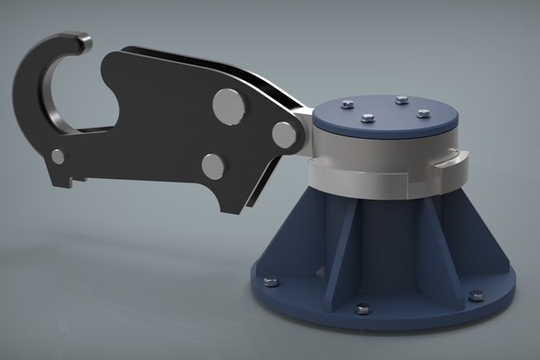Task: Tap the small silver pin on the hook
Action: click(x=58, y=157)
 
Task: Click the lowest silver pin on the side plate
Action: click(x=212, y=166)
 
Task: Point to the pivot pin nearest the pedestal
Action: click(x=285, y=135)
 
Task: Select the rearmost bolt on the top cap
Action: click(x=401, y=100)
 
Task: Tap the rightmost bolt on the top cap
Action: click(x=423, y=114)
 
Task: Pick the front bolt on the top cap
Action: click(x=367, y=119)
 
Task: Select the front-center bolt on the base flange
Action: click(x=363, y=309)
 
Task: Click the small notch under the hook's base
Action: click(x=74, y=182)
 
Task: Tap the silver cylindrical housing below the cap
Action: click(x=384, y=154)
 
